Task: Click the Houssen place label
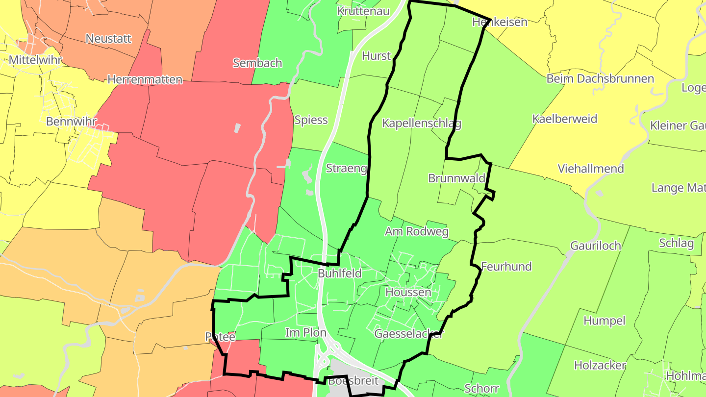click(408, 293)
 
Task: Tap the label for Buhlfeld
click(339, 273)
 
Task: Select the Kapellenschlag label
click(422, 123)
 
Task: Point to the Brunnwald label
click(456, 178)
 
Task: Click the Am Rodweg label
click(417, 231)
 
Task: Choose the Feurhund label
click(506, 267)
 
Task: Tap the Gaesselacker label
click(409, 334)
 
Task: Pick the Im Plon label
click(306, 333)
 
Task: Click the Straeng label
click(347, 169)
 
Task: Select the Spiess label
click(311, 120)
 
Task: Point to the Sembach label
click(257, 63)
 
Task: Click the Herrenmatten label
click(145, 79)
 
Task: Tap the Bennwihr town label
click(72, 121)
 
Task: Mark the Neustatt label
click(108, 38)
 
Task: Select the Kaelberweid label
click(565, 119)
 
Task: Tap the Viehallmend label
click(591, 169)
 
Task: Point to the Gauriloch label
click(596, 246)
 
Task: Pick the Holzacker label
click(600, 365)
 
